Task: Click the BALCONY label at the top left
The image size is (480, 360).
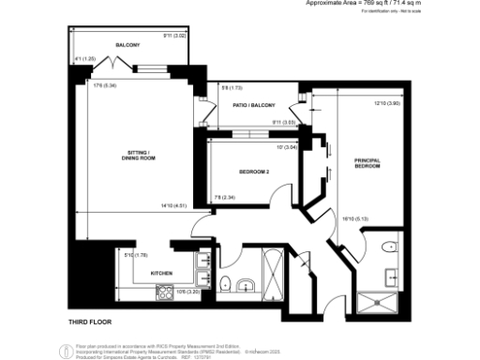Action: click(x=127, y=45)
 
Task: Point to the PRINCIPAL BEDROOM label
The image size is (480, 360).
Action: click(x=367, y=163)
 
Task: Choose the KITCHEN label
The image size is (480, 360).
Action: click(x=163, y=274)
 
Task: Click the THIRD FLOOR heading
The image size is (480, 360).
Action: click(x=91, y=322)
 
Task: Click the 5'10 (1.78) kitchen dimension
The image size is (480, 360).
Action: click(x=137, y=255)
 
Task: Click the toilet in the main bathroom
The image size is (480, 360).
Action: click(x=225, y=284)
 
